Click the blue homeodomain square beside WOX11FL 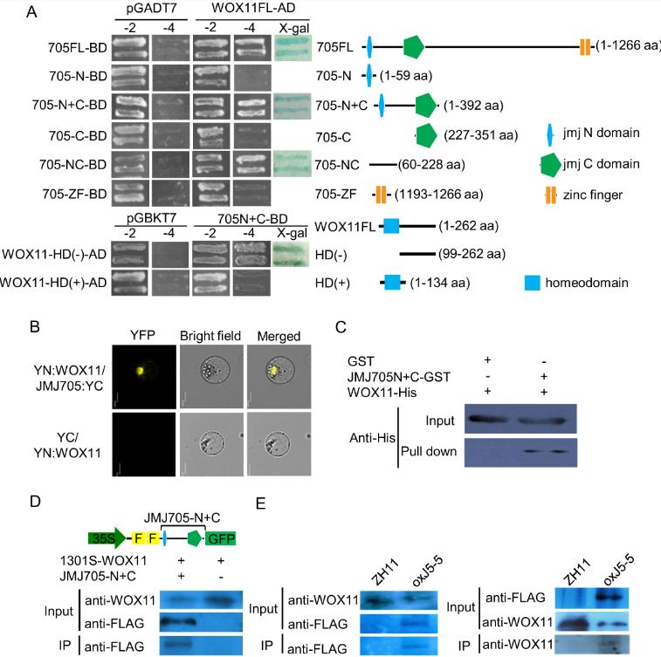pyautogui.click(x=390, y=226)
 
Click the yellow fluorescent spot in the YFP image pyautogui.click(x=142, y=373)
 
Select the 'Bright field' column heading pyautogui.click(x=208, y=336)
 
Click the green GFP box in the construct pyautogui.click(x=221, y=538)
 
